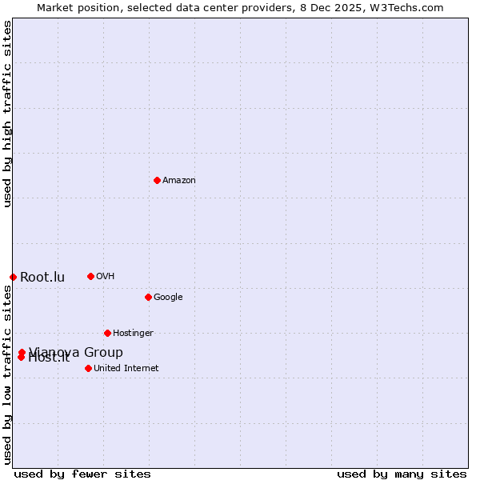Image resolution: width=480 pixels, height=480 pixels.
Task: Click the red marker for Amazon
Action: [157, 180]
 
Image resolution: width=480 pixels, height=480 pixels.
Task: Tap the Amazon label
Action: [179, 181]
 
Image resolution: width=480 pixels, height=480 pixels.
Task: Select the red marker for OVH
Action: [90, 276]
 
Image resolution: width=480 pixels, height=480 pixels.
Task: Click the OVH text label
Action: [106, 277]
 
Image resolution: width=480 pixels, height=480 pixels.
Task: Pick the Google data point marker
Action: [148, 297]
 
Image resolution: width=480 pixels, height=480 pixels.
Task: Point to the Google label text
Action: [168, 298]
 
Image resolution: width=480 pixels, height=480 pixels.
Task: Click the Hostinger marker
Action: [107, 333]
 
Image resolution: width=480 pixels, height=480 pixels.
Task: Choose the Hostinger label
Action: [133, 334]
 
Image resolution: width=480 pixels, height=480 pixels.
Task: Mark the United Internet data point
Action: [88, 368]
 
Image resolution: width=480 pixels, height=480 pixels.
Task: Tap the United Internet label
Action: [126, 369]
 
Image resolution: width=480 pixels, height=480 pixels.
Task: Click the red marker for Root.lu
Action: [13, 277]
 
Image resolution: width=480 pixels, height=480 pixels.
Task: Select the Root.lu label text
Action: [42, 278]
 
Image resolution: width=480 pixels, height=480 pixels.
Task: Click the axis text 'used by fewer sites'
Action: [82, 474]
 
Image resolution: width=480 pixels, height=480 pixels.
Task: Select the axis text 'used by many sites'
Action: [402, 474]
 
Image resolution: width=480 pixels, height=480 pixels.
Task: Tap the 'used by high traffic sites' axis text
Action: [8, 114]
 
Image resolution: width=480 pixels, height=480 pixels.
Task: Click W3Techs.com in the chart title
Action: [407, 8]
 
